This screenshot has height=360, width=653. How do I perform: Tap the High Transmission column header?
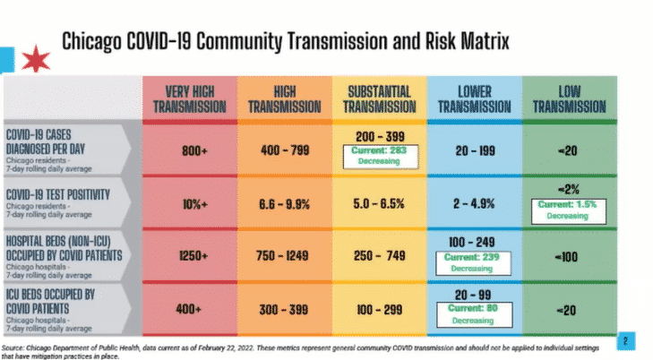(284, 99)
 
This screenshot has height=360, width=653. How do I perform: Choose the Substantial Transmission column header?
(380, 99)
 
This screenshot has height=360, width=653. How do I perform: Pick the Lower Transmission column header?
(475, 99)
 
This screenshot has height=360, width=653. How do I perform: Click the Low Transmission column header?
(570, 99)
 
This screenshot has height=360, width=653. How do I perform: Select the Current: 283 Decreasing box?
(380, 157)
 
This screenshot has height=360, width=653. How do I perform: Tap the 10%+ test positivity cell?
(194, 203)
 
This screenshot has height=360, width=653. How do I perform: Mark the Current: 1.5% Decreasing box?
(570, 210)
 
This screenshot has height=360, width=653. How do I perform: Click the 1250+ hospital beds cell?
(194, 255)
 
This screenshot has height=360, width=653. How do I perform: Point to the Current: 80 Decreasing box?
(475, 313)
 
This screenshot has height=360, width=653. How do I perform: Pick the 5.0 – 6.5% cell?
(380, 203)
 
